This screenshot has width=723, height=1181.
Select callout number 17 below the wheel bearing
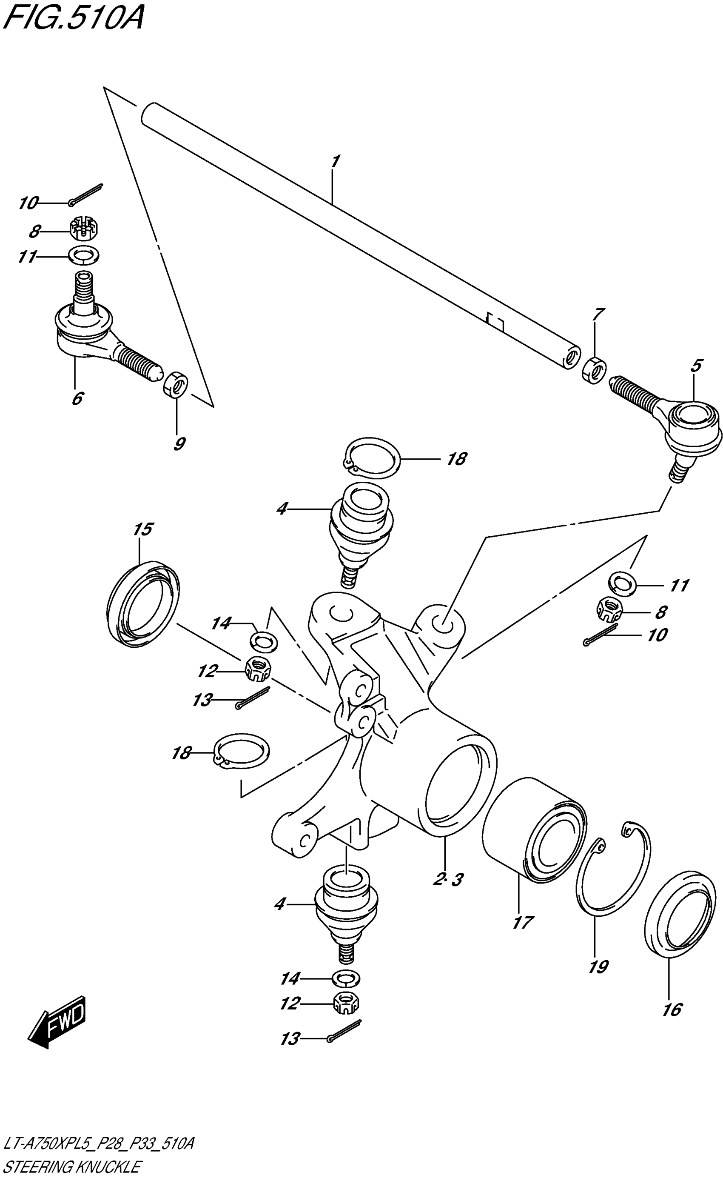tap(522, 922)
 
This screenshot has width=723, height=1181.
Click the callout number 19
tap(598, 967)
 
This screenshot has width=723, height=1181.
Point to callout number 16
tap(672, 1009)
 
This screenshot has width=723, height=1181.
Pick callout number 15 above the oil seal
tap(142, 529)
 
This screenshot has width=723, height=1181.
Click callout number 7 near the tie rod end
tap(598, 315)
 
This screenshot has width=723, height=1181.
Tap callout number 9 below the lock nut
tap(179, 444)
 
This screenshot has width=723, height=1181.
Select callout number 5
tap(696, 365)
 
